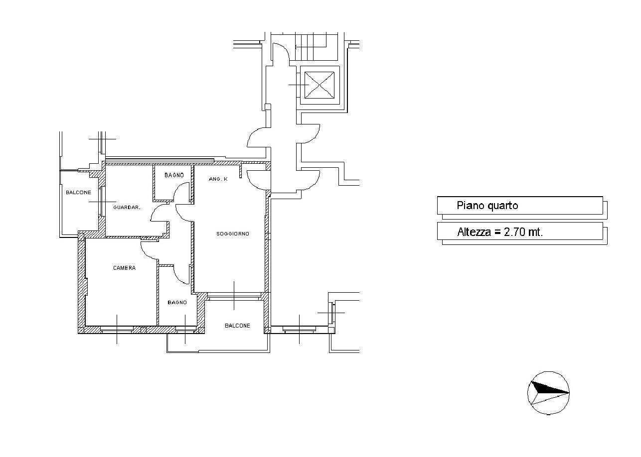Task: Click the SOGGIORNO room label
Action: pyautogui.click(x=233, y=234)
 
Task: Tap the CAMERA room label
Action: pyautogui.click(x=124, y=268)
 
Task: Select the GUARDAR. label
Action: pyautogui.click(x=127, y=207)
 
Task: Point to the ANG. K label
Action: pyautogui.click(x=218, y=179)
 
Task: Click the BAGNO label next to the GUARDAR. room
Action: pyautogui.click(x=174, y=175)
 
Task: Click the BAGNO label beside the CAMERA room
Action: pyautogui.click(x=177, y=302)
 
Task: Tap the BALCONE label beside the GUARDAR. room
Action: pyautogui.click(x=78, y=192)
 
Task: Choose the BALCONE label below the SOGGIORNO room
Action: pyautogui.click(x=237, y=326)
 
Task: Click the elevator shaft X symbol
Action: pyautogui.click(x=320, y=85)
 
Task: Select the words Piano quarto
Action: pyautogui.click(x=487, y=206)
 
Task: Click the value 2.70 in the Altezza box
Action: pyautogui.click(x=515, y=232)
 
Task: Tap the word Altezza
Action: pyautogui.click(x=474, y=232)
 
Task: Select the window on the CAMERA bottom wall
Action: pyautogui.click(x=117, y=330)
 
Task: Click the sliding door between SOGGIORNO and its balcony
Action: pyautogui.click(x=234, y=296)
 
